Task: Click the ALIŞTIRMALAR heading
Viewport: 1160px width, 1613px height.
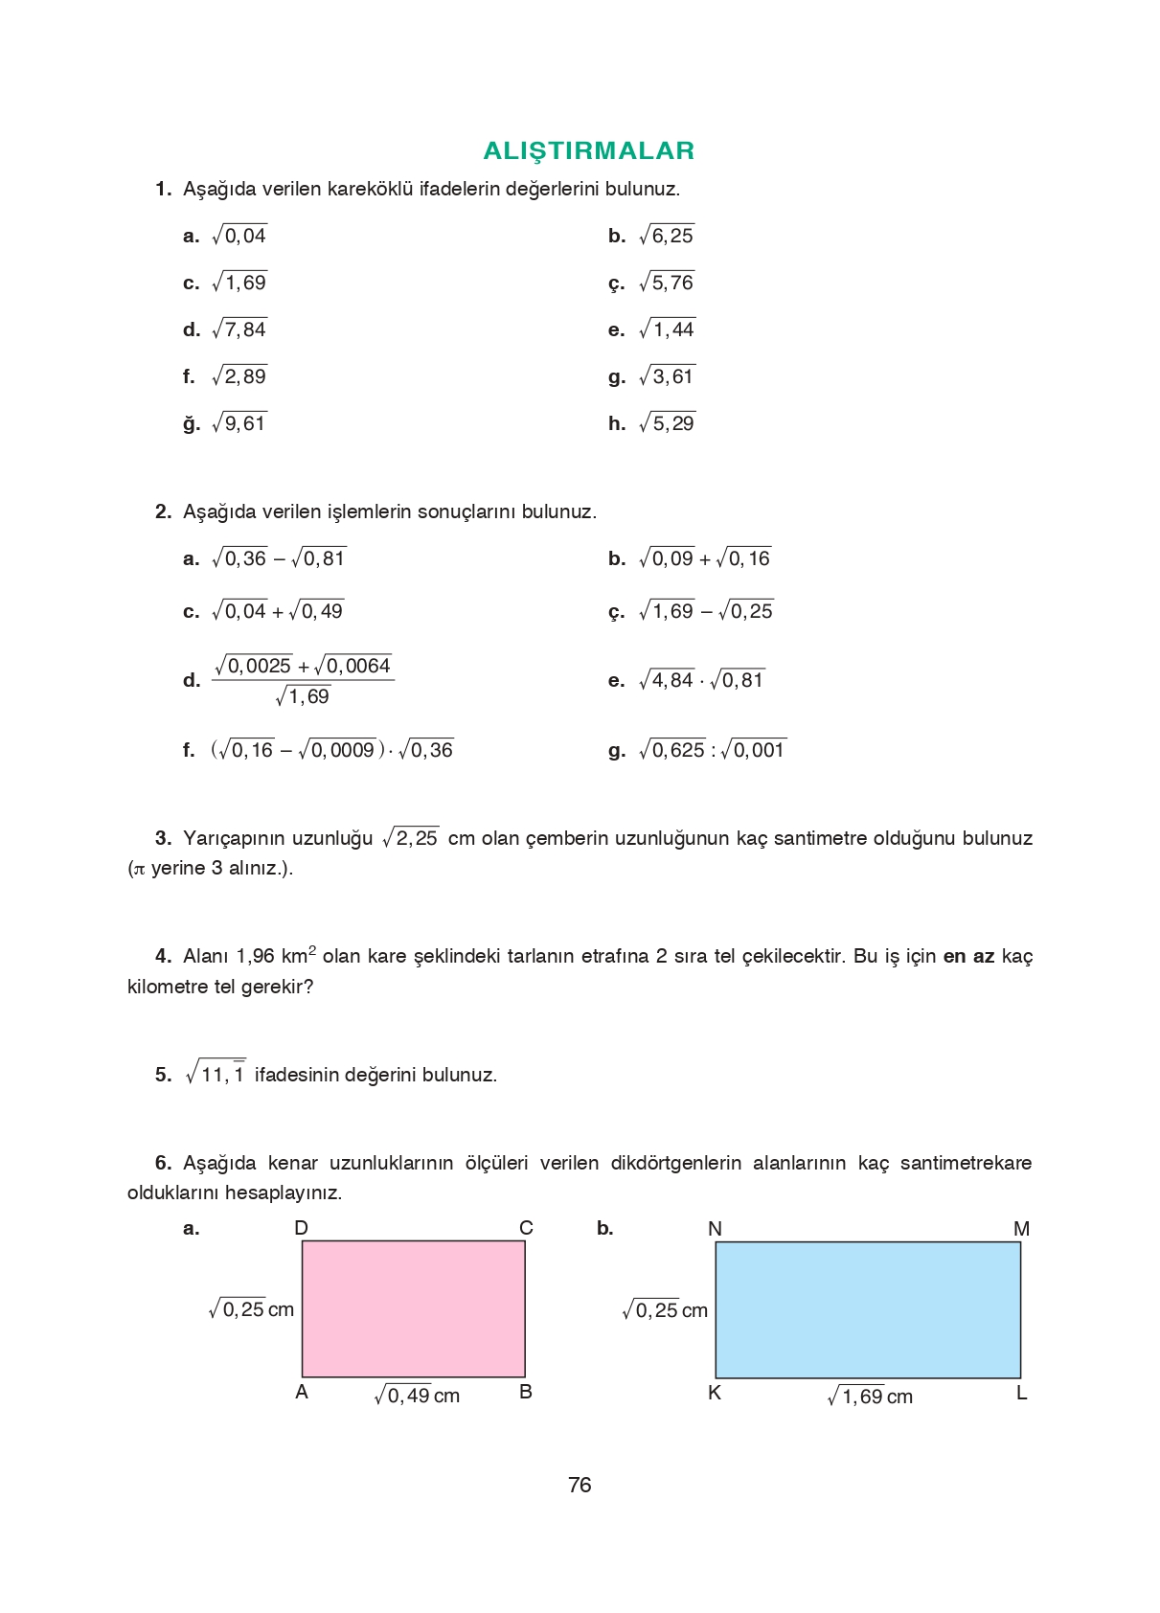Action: click(588, 150)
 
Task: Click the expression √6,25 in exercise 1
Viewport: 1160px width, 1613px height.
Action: click(667, 236)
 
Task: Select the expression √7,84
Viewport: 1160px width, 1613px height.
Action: click(239, 329)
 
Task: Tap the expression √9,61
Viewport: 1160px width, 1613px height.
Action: click(239, 423)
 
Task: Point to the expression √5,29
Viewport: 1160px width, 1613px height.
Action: click(667, 423)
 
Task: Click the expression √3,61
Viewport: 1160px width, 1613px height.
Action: click(667, 376)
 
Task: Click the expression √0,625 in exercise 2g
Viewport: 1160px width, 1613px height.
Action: click(672, 750)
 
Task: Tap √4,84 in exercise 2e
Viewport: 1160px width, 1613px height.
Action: click(667, 680)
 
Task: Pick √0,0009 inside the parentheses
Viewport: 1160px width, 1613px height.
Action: click(337, 750)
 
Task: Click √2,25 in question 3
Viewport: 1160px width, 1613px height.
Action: click(411, 838)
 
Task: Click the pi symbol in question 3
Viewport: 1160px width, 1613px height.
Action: click(138, 870)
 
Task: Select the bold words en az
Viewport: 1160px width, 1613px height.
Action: click(968, 956)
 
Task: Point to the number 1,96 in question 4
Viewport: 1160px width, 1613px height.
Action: click(255, 956)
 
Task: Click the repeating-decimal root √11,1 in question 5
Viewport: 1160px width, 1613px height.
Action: click(216, 1074)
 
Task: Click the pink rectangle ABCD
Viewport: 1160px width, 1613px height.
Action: click(413, 1309)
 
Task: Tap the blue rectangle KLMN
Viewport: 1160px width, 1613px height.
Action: click(867, 1310)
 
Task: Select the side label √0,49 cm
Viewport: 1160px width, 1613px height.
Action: click(417, 1396)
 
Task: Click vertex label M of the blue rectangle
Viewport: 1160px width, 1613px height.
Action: click(1021, 1229)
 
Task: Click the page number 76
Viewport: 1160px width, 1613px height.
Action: click(580, 1485)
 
